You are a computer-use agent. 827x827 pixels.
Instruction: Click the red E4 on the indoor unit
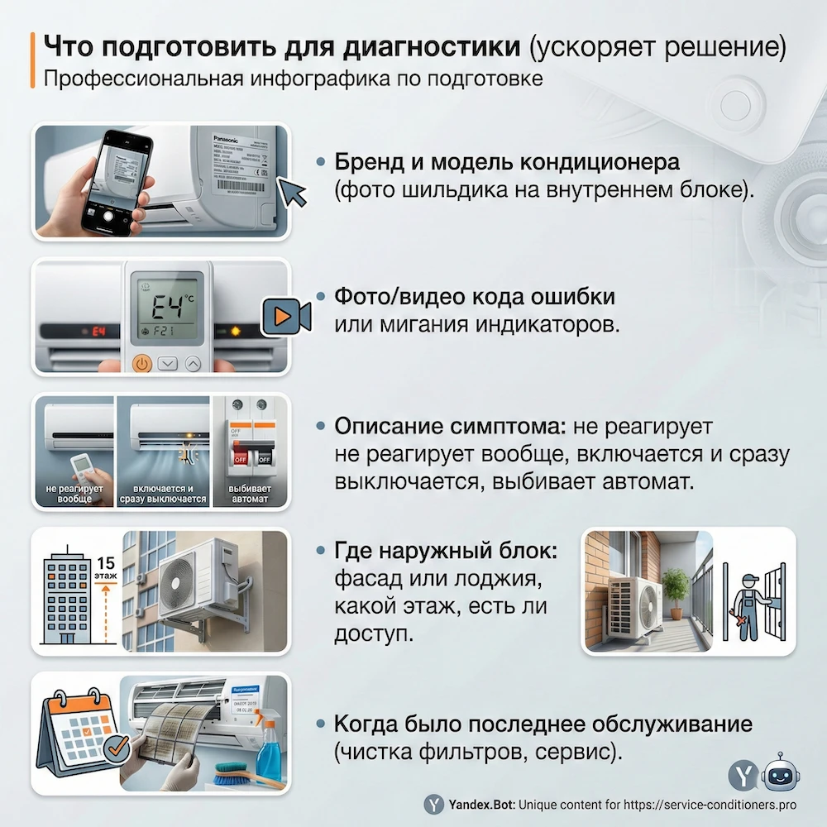point(99,332)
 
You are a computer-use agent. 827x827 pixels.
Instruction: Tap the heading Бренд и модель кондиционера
point(506,161)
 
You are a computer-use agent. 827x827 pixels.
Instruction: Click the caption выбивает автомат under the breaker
point(248,494)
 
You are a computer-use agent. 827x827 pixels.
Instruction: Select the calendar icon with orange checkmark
point(76,734)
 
